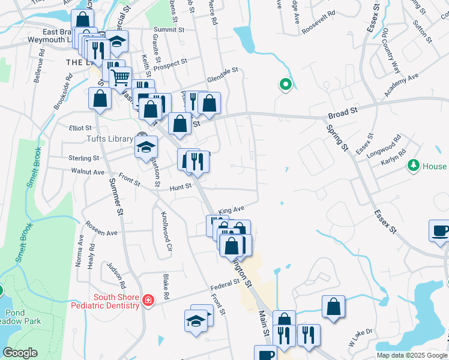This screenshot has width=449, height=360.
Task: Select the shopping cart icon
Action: [x=121, y=77]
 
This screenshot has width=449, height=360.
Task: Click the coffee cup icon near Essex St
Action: [x=439, y=230]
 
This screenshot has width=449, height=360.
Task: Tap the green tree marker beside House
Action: [x=412, y=166]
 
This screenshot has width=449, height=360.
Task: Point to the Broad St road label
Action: [x=342, y=112]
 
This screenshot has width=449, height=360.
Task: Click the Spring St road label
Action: [x=336, y=137]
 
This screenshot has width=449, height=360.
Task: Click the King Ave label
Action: [x=232, y=210]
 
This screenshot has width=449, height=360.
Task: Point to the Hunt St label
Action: [x=179, y=187]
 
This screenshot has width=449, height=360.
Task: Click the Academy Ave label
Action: [x=401, y=86]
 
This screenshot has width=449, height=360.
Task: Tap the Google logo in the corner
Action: [x=20, y=353]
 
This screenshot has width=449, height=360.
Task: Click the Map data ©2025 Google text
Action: [x=412, y=355]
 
